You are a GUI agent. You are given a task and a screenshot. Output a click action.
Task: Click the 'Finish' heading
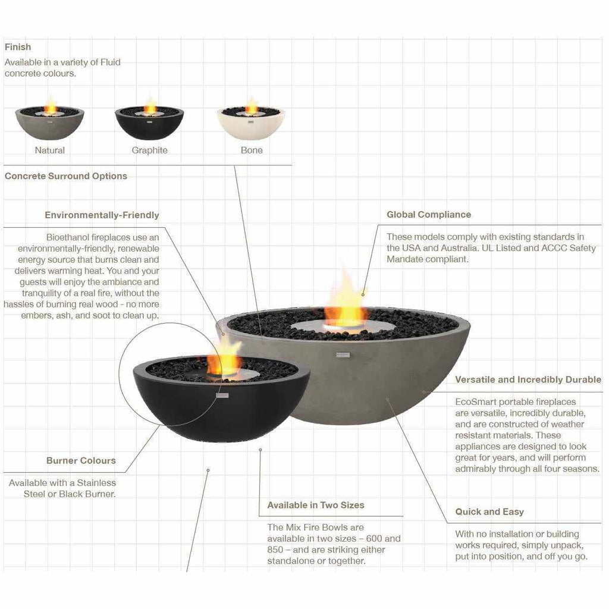18,47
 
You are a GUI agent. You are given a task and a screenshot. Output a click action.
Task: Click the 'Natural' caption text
49,150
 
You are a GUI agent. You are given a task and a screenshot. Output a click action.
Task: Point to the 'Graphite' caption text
149,150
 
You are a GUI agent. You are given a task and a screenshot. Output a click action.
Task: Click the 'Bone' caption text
251,150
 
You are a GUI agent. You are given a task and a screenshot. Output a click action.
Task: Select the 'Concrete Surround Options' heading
66,176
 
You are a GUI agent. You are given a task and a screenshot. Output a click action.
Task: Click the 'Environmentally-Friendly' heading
102,215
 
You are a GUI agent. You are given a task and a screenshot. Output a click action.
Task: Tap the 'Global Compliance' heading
428,215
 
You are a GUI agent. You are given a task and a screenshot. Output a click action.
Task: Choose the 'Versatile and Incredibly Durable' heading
528,379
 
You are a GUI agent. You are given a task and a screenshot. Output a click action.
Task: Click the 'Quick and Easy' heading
489,511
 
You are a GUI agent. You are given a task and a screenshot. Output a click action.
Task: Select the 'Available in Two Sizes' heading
315,505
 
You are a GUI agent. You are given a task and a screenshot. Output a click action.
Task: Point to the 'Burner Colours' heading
81,460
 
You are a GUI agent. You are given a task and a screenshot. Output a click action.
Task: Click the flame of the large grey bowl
344,303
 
